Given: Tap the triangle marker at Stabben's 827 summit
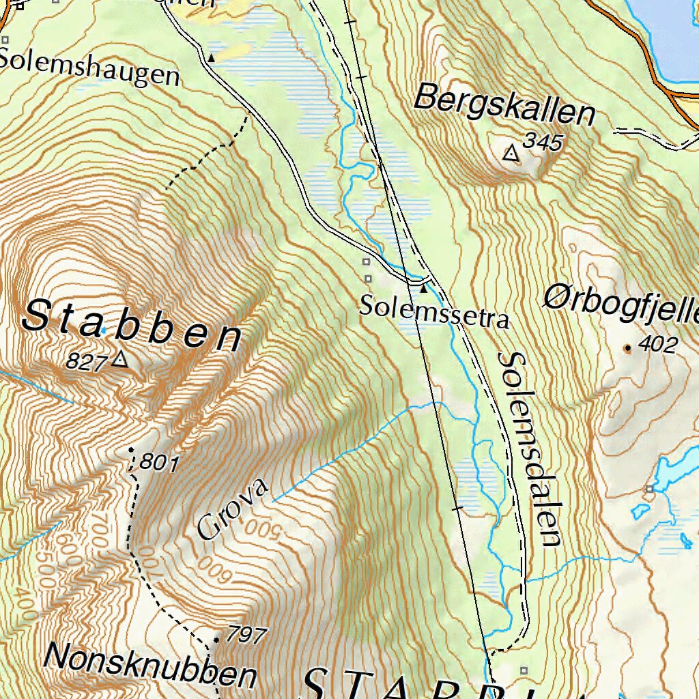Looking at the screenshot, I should point(121,358).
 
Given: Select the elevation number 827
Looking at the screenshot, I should point(87,361).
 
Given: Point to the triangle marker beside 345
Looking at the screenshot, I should point(510,154).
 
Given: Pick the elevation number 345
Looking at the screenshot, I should point(543,142).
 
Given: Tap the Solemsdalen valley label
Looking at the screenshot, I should point(530,450).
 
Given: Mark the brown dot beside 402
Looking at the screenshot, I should point(627,348).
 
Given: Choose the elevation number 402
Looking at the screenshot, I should point(657,345).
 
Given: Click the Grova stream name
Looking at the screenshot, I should point(233,509).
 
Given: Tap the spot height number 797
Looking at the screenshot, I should point(246,636).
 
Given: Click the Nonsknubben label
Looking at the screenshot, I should point(150,666).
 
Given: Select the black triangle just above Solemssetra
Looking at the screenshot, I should point(423,289).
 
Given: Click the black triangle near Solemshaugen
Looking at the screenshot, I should point(211,59).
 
